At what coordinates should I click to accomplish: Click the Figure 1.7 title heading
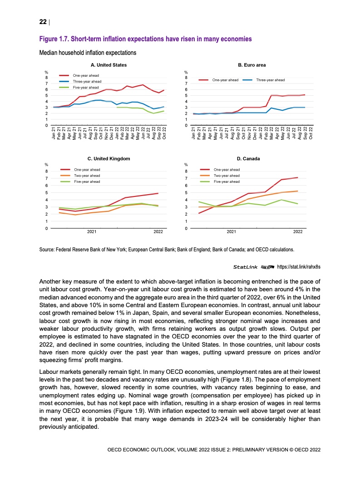coord(146,39)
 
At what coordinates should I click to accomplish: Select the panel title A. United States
coord(108,65)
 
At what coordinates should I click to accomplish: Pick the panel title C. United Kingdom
coord(108,158)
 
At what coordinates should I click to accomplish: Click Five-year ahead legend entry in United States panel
coord(86,87)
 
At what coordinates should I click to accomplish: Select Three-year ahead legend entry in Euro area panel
coord(270,80)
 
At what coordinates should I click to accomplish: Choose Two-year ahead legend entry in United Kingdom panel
coord(87,176)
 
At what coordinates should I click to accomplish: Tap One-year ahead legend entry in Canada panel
coord(227,169)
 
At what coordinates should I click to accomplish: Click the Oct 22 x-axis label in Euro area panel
coord(311,135)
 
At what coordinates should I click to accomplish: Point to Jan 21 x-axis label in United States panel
coord(53,135)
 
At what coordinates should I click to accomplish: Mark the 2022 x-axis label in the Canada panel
coord(298,232)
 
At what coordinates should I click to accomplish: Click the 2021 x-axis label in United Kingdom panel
coord(91,232)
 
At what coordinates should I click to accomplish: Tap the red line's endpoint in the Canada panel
coord(297,177)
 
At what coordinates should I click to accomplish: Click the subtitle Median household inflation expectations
coord(89,53)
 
